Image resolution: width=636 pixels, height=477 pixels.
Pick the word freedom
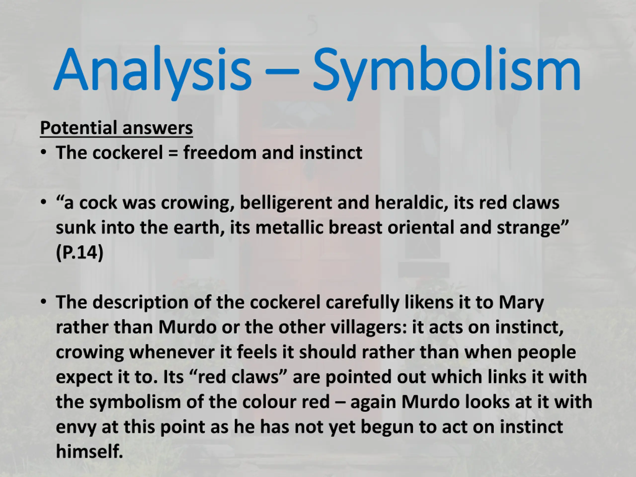(x=220, y=152)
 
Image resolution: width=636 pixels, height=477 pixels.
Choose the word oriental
(x=421, y=227)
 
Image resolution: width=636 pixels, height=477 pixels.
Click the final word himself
(x=89, y=451)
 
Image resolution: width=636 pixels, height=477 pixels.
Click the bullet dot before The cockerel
(x=43, y=152)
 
